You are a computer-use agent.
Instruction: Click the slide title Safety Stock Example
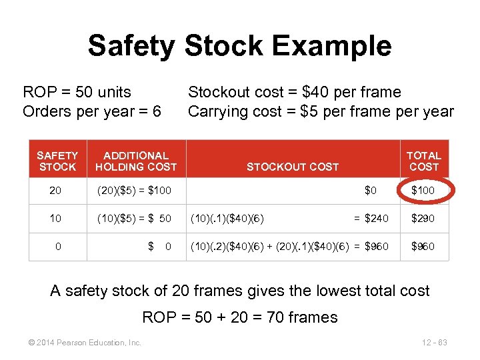[239, 46]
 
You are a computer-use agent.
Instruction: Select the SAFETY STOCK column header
[57, 161]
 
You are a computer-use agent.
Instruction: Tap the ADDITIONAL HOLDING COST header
[136, 161]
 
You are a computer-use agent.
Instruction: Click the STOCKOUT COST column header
[293, 167]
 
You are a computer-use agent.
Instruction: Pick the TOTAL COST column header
[424, 161]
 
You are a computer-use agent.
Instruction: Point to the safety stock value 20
[55, 191]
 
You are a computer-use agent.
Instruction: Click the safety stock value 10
[55, 218]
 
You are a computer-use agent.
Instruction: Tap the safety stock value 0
[58, 246]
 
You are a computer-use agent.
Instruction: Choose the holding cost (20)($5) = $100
[135, 191]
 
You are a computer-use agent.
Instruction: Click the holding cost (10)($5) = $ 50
[135, 218]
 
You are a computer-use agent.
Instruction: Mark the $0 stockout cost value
[371, 191]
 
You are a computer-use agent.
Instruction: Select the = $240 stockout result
[371, 218]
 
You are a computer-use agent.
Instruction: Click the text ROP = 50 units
[77, 92]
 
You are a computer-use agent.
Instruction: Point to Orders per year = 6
[92, 111]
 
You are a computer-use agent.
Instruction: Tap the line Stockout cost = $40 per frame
[295, 92]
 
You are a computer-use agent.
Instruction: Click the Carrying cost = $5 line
[321, 111]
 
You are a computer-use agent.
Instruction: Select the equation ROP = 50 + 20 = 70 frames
[240, 317]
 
